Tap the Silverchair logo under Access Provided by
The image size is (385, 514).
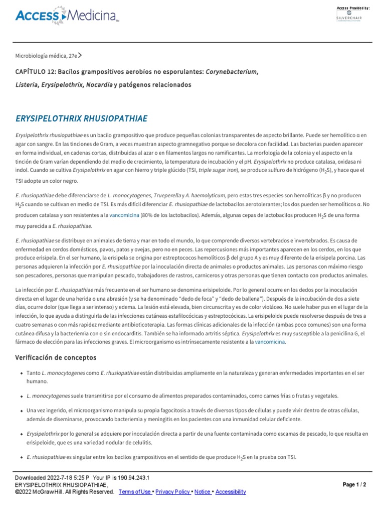point(352,17)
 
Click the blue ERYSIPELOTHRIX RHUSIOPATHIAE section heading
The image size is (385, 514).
point(82,119)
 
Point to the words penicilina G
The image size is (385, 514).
point(344,333)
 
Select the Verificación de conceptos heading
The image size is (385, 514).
point(56,358)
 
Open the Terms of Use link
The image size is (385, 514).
point(135,492)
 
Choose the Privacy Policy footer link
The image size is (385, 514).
point(173,492)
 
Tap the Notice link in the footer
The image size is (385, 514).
point(203,492)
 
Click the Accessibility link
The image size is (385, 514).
point(231,492)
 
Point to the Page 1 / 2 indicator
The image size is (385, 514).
point(354,484)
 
